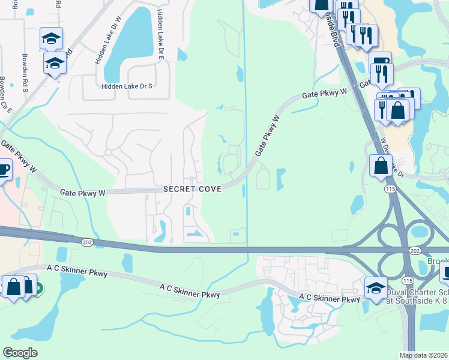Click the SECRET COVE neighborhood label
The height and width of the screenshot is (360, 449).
pos(193,189)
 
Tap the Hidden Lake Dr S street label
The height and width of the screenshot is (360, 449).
pos(127,86)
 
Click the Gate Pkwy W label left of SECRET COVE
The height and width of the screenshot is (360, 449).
pos(83,193)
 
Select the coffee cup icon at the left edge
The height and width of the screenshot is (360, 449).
pos(4,170)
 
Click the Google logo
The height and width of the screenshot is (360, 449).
pos(20,353)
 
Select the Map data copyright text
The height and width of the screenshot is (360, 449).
pos(423,355)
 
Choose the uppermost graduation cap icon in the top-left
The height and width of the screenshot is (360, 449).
pos(52,38)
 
